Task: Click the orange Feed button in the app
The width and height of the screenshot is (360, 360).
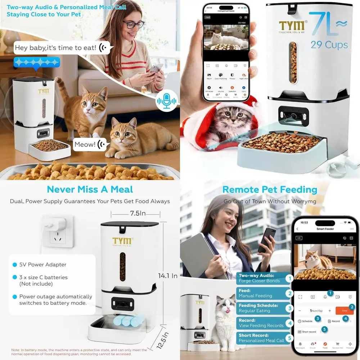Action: click(x=344, y=310)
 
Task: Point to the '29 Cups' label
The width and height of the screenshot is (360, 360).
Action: click(x=329, y=45)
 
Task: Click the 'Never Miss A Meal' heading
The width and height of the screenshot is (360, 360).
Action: click(x=90, y=189)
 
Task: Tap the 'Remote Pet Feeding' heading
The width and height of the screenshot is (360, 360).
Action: click(x=270, y=189)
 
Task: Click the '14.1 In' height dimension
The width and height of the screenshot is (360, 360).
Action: click(x=168, y=276)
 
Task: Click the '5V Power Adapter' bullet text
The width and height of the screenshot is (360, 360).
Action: click(x=42, y=265)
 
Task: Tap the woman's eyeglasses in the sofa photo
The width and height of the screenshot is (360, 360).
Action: click(x=133, y=24)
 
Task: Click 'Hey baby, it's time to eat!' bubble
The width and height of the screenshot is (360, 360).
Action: click(x=60, y=48)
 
